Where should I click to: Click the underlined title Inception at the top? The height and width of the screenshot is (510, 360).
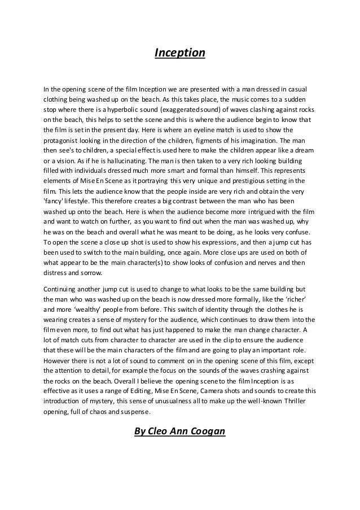[x=180, y=54]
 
